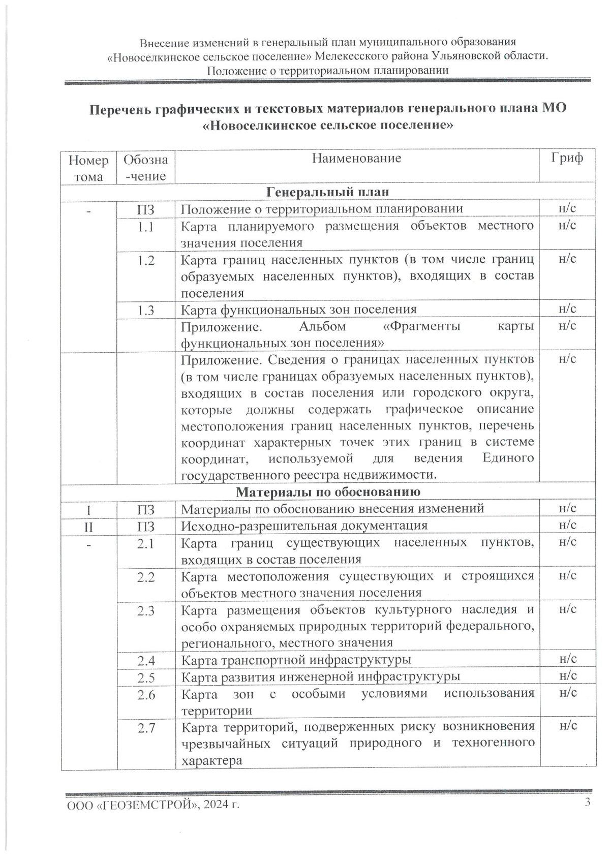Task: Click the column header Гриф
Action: coord(567,158)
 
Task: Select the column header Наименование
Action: coord(356,159)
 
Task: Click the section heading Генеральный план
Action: coord(328,192)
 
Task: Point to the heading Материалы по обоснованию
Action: coord(328,491)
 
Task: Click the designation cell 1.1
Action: coord(146,227)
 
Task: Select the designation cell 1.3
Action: coord(146,310)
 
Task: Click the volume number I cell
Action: coord(88,509)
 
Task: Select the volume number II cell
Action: coord(88,526)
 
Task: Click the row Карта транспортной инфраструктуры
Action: coord(296,660)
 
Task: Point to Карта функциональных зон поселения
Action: coord(298,310)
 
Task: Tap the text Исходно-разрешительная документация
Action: coord(304,526)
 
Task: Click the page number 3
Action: coord(588,803)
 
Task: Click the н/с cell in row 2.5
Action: coord(567,675)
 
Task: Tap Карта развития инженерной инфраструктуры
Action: coord(320,677)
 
